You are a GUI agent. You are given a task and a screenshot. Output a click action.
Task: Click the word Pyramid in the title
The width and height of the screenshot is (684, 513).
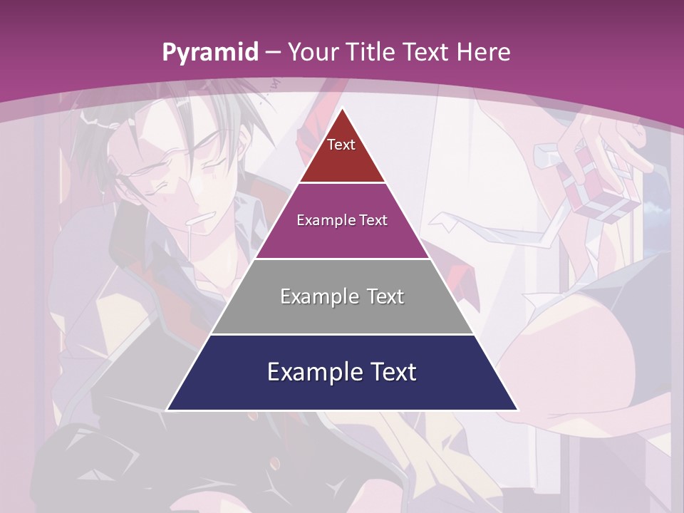pyautogui.click(x=209, y=53)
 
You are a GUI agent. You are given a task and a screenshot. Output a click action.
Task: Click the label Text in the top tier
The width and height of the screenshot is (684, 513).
pyautogui.click(x=341, y=145)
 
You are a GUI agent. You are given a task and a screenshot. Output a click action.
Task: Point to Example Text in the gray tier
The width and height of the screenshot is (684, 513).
pyautogui.click(x=342, y=296)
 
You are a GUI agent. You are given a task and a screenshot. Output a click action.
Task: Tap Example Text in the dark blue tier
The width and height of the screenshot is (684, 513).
pyautogui.click(x=342, y=372)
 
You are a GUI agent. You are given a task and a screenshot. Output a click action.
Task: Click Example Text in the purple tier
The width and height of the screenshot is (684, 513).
pyautogui.click(x=342, y=220)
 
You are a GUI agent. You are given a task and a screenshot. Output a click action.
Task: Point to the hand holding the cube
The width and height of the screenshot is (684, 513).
pyautogui.click(x=606, y=139)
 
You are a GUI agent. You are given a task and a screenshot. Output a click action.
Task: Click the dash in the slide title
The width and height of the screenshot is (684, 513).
pyautogui.click(x=274, y=53)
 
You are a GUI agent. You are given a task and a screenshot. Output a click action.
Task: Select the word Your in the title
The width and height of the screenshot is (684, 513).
pyautogui.click(x=314, y=53)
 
